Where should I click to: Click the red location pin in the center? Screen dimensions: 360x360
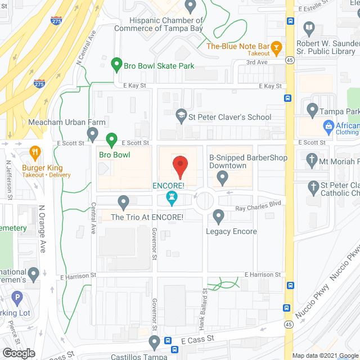[x=179, y=166]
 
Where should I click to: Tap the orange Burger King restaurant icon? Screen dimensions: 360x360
[x=34, y=152]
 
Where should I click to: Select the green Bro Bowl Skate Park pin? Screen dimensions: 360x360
[x=116, y=65]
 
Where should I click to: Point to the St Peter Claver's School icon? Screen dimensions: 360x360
[x=181, y=116]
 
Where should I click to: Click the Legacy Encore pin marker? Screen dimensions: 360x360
[x=219, y=215]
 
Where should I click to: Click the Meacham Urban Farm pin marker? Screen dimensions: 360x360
[x=93, y=133]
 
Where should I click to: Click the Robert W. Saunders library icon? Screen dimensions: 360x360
[x=309, y=28]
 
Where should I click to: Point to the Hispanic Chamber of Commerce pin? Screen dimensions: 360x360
[x=190, y=6]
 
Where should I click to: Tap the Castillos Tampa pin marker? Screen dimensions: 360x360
[x=155, y=341]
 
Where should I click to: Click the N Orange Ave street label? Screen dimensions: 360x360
[x=42, y=231]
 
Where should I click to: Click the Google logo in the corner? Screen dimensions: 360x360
[x=19, y=353]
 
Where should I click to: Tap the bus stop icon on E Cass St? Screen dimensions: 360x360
[x=168, y=341]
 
